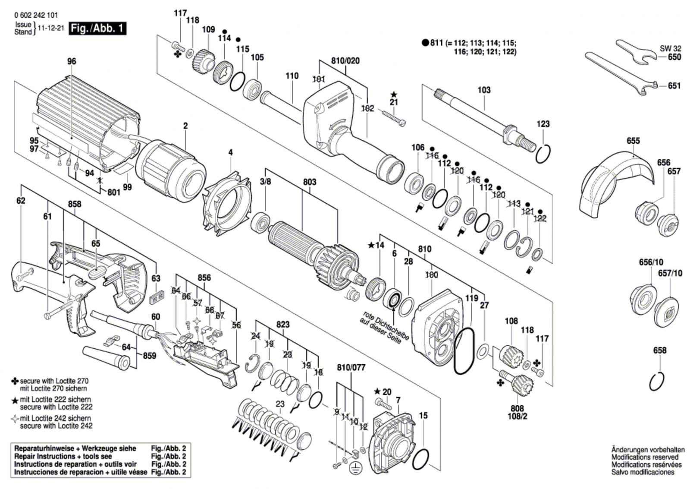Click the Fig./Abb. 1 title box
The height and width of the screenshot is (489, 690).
point(98,29)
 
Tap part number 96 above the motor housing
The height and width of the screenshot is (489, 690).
point(72,61)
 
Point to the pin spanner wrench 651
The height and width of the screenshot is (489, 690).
point(621,73)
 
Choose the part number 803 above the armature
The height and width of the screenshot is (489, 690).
point(309,182)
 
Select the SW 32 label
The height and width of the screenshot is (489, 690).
point(670,49)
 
